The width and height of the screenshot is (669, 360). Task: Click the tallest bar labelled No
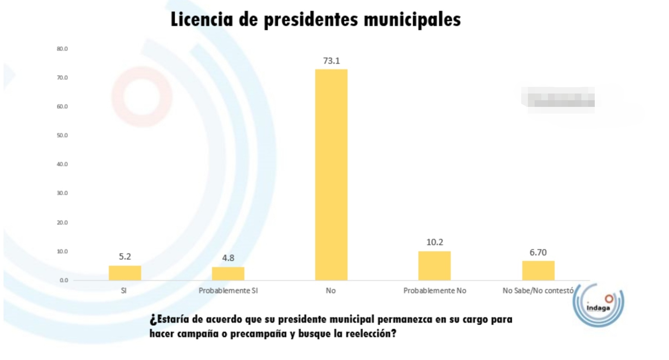[x=331, y=174]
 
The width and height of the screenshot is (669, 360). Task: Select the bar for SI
[x=125, y=273]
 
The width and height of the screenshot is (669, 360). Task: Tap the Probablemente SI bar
[x=228, y=274]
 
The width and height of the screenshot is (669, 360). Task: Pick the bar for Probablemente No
[x=434, y=266]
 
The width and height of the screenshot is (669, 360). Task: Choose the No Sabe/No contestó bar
[x=538, y=271]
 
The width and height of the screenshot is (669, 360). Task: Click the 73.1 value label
[x=331, y=61]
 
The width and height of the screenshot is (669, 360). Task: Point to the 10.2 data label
[x=434, y=242]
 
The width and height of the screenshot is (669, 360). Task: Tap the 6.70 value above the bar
[x=538, y=252]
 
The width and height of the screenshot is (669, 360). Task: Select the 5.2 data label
[x=125, y=256]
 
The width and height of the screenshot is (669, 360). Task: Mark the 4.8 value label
[x=228, y=258]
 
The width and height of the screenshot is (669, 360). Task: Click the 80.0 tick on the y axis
[x=62, y=49]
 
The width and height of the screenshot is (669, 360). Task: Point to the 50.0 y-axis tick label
[x=62, y=135]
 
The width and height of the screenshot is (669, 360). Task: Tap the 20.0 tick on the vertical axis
[x=62, y=223]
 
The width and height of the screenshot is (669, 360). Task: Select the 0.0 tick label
[x=64, y=280]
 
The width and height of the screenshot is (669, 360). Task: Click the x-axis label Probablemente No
[x=434, y=291]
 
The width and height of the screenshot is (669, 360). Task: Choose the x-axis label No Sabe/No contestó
[x=538, y=291]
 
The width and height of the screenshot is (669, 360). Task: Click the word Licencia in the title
[x=202, y=19]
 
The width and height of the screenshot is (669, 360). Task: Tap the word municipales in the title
[x=412, y=20]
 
